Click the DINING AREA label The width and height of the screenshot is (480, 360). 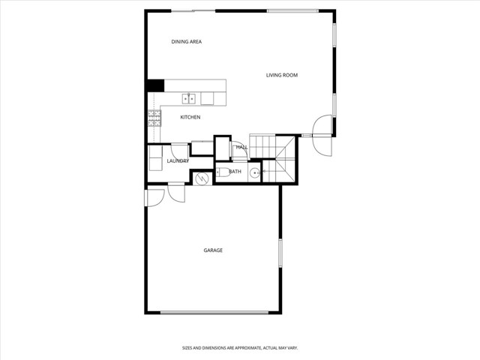pos(187,42)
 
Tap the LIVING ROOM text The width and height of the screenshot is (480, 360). pos(282,75)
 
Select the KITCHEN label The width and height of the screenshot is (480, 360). pos(190,117)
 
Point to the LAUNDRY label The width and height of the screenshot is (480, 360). pos(177,161)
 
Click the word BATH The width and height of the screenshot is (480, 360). pos(235,172)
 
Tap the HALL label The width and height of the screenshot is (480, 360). pos(241,148)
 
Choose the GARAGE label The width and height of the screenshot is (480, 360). pos(213,250)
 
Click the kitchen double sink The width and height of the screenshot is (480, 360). pos(190,98)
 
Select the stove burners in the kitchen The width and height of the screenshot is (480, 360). pos(154,117)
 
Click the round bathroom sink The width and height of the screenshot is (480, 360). pos(255,172)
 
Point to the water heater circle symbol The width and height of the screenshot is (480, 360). pos(201,178)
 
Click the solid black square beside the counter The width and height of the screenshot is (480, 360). pos(155,85)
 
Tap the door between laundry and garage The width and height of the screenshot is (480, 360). pos(177,193)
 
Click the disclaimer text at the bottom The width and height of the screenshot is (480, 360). pos(240,348)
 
